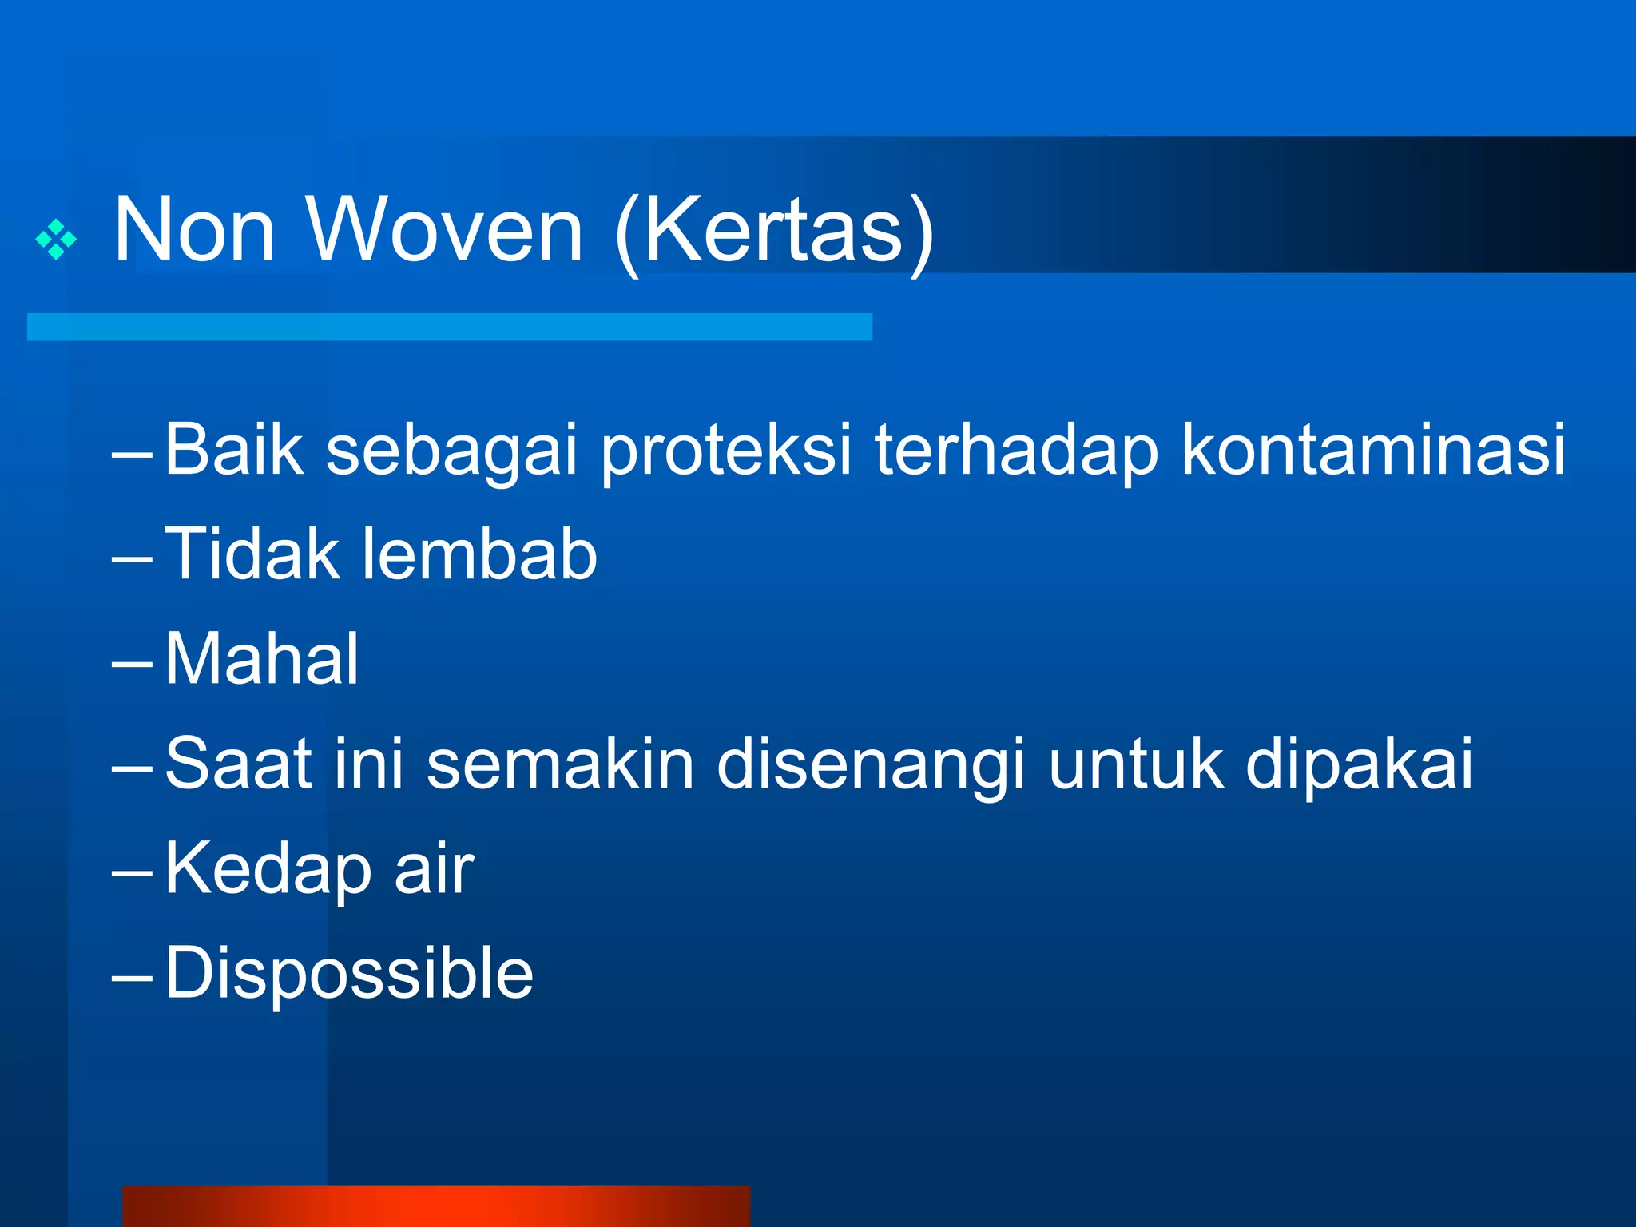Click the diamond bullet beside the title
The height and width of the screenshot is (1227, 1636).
[56, 239]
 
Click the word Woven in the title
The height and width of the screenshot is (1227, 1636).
[445, 232]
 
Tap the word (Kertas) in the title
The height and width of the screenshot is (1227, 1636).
[774, 233]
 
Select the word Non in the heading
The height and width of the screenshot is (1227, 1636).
[194, 232]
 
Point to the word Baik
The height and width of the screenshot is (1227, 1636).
[234, 450]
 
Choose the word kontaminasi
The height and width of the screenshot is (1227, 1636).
[1372, 450]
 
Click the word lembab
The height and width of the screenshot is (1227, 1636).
[479, 554]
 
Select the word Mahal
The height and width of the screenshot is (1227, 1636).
[262, 659]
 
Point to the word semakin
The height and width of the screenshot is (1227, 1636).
[560, 764]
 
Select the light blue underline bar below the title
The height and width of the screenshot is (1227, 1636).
[449, 327]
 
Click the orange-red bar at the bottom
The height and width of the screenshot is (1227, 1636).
[436, 1206]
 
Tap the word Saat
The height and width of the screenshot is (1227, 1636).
[238, 764]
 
